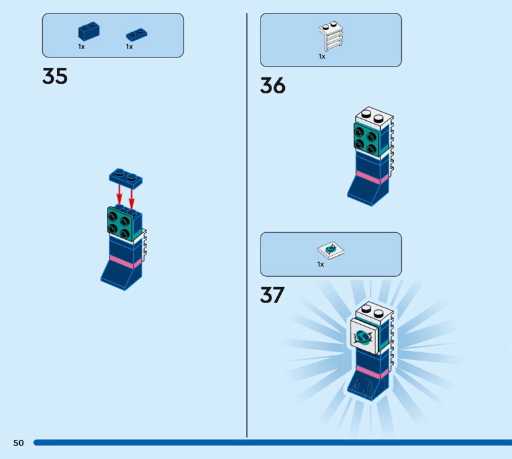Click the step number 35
point(55,76)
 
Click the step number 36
point(273,86)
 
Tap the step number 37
point(273,295)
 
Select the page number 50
point(19,442)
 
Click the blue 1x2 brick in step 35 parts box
point(88,31)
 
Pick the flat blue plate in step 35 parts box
point(136,35)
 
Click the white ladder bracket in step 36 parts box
point(331,36)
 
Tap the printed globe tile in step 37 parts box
point(331,251)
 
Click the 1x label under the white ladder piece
point(322,56)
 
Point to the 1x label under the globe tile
point(321,264)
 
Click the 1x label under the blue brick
point(81,47)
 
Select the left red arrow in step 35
point(120,195)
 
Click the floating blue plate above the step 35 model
point(125,178)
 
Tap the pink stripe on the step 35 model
point(125,261)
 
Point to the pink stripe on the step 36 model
point(372,177)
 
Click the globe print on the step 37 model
point(362,337)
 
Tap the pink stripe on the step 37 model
point(372,372)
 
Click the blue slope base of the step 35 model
point(122,275)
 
